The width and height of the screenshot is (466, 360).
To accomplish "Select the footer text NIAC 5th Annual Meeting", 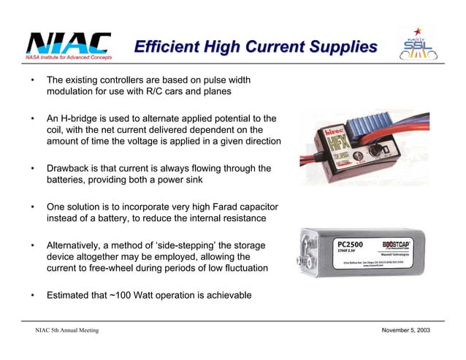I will pos(66,332).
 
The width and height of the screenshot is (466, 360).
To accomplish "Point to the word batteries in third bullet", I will pos(69,181).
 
